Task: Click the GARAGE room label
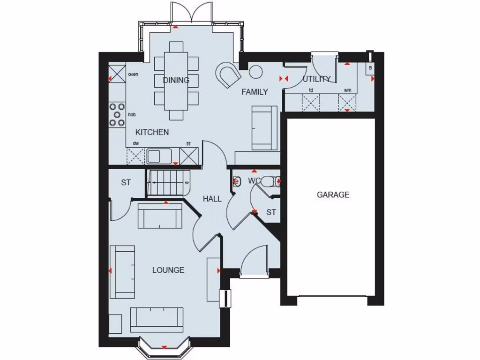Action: (x=333, y=195)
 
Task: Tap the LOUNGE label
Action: (x=168, y=270)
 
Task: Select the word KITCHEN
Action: (x=152, y=132)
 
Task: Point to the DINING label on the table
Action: (x=176, y=80)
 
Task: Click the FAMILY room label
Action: (x=255, y=92)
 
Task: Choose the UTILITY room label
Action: (x=317, y=79)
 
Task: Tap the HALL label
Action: (x=212, y=199)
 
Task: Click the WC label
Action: (x=254, y=180)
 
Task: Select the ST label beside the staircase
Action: (x=126, y=183)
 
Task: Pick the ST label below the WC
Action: (x=271, y=212)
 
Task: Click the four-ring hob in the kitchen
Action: (x=117, y=115)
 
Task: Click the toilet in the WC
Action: (x=270, y=181)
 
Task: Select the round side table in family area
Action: (x=256, y=72)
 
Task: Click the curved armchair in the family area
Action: (x=228, y=74)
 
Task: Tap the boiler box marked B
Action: (x=370, y=68)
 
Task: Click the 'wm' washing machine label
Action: (x=347, y=90)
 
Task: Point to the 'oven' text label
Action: (x=133, y=74)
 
